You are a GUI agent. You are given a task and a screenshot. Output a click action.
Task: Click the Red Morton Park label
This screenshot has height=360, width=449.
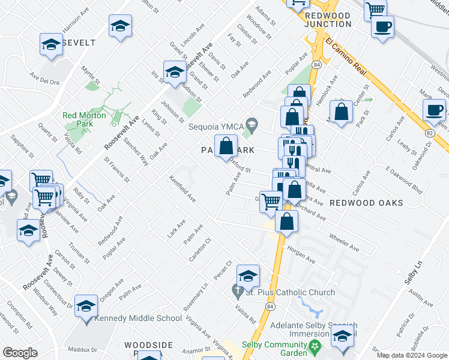(x=84, y=119)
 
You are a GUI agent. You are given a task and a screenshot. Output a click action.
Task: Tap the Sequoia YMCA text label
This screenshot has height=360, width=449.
(x=216, y=127)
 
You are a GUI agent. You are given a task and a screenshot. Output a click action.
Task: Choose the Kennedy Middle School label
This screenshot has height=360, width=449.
(x=130, y=318)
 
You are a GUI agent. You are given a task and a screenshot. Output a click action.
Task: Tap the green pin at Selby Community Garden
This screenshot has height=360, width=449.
(x=313, y=346)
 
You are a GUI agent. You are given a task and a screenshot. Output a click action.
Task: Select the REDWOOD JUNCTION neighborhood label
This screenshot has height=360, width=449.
(x=328, y=19)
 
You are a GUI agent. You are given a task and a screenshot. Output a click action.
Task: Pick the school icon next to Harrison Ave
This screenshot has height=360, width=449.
(x=52, y=44)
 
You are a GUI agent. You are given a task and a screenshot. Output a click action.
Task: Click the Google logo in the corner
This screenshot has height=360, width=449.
(x=19, y=353)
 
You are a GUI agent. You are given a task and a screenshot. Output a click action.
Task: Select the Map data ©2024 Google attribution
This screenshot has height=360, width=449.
(x=412, y=355)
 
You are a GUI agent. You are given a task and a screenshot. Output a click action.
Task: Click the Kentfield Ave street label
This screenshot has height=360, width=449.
(x=182, y=188)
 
